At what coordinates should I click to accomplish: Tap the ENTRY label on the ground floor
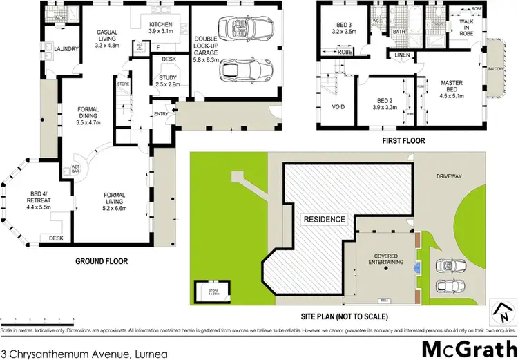[x=161, y=114]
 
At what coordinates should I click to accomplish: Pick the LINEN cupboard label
[x=404, y=55]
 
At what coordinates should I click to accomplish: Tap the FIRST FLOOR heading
[x=403, y=140]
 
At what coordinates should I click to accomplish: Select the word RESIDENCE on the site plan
[x=324, y=219]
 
